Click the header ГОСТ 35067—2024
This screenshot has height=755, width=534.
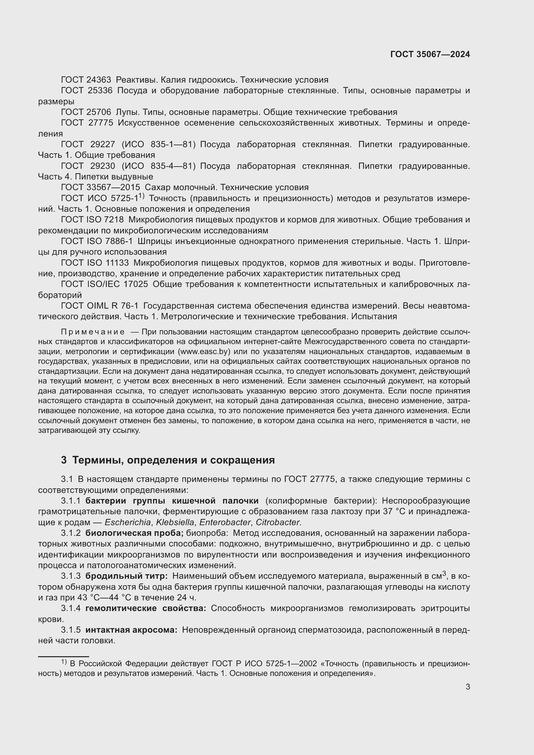pos(430,55)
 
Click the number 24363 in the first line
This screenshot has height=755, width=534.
pos(99,80)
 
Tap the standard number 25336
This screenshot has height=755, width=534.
pos(100,91)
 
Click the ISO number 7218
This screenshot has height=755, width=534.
pos(114,220)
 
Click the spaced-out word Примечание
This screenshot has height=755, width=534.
pos(93,332)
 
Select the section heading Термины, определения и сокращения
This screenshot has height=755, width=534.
pos(173,460)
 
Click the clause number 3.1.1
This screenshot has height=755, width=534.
pos(71,501)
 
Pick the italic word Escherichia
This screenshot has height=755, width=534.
pos(128,522)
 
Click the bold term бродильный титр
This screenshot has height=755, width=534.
pos(126,576)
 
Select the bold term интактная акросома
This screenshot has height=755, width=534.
pos(131,630)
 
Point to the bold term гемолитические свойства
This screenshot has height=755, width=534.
pos(145,608)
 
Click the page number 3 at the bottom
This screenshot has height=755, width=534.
pos(467,687)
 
